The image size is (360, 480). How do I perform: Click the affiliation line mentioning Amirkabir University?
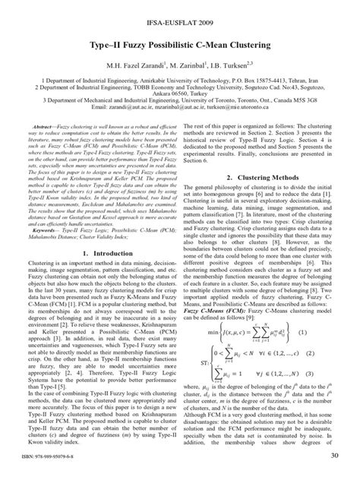click(180, 79)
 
